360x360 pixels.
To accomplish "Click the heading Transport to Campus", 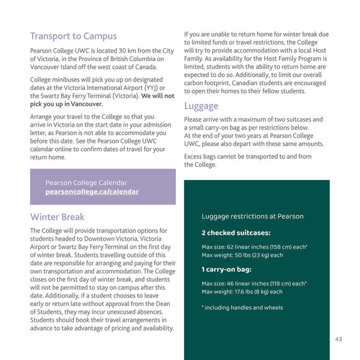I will click(73, 36).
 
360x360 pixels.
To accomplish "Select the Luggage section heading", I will click(201, 106).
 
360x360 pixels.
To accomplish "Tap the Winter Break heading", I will click(58, 217).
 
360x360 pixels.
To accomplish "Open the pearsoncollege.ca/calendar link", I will click(92, 191).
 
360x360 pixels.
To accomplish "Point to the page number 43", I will click(339, 340).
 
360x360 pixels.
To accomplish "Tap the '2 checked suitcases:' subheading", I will click(236, 232).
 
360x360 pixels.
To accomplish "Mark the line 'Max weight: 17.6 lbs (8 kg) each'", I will click(242, 292).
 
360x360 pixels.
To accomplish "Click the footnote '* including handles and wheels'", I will click(241, 308).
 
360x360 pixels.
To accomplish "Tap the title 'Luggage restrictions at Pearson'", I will click(252, 216).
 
